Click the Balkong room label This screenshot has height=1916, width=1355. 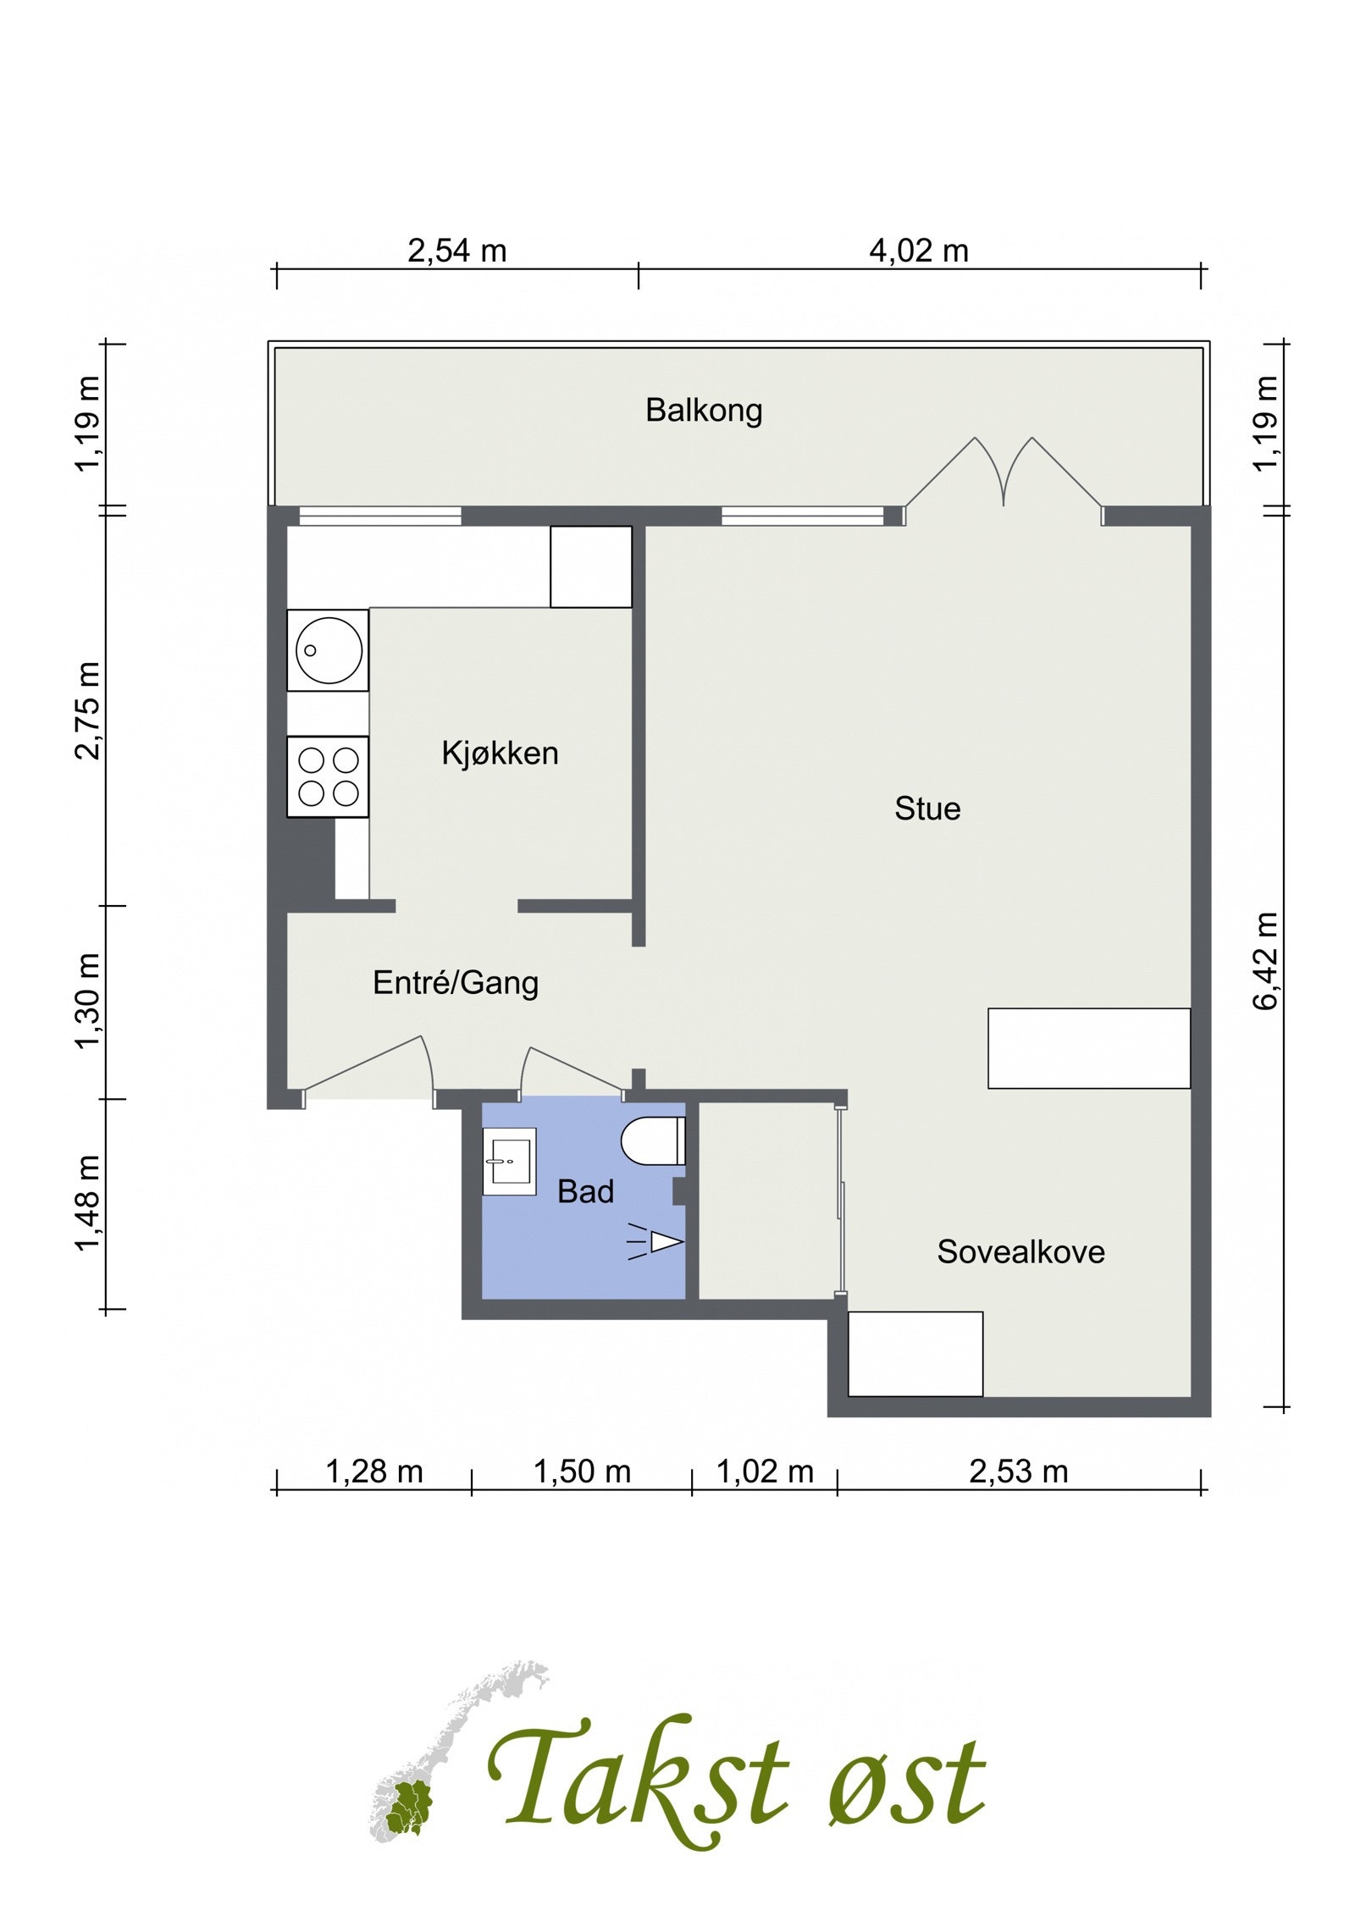click(704, 411)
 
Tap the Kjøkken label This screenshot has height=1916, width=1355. click(500, 753)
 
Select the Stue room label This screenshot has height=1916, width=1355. click(927, 809)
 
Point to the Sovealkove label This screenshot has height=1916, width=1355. click(1020, 1251)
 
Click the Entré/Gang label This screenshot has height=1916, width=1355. click(456, 982)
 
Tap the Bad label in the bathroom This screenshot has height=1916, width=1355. click(585, 1191)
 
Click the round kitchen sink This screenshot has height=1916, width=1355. click(329, 650)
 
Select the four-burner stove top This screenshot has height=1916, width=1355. click(328, 776)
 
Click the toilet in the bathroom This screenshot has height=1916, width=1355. click(653, 1141)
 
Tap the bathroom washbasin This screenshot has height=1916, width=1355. click(509, 1161)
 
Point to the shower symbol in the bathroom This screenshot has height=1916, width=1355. click(655, 1242)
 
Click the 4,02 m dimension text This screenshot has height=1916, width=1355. click(919, 251)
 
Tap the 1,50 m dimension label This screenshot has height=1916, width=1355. click(582, 1472)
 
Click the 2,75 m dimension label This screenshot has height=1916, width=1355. click(88, 711)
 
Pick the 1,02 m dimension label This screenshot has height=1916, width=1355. click(765, 1472)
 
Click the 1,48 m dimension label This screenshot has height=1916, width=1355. click(88, 1203)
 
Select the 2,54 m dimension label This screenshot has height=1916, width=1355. click(457, 251)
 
